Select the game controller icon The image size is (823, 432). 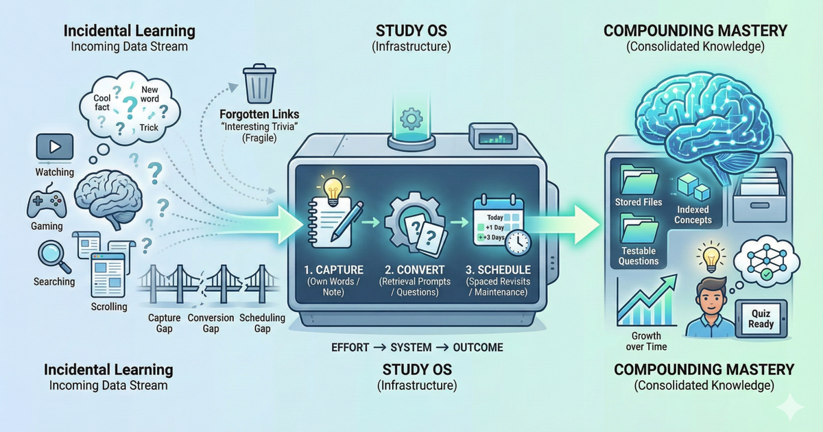tap(46, 204)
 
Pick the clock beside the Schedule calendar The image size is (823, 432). tap(519, 242)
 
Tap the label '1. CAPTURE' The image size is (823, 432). tap(333, 269)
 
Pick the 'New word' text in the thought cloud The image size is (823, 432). tap(150, 94)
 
